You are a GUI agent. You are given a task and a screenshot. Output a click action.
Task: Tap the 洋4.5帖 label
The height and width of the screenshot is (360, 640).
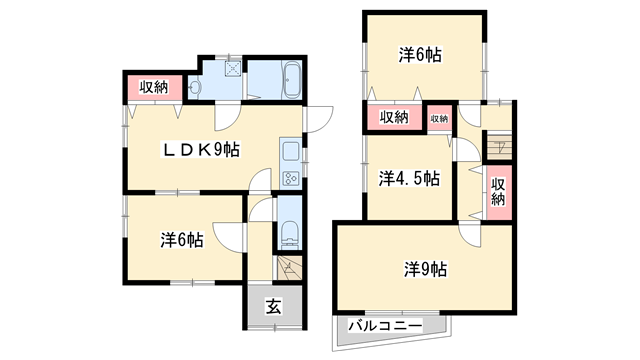pyautogui.click(x=408, y=179)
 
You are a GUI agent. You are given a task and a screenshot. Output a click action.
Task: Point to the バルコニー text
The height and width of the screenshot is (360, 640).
pyautogui.click(x=386, y=326)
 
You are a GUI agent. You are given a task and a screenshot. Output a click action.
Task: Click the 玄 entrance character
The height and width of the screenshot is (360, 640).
pyautogui.click(x=273, y=308)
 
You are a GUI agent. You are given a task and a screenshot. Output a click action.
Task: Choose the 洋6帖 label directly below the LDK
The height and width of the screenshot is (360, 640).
pyautogui.click(x=182, y=240)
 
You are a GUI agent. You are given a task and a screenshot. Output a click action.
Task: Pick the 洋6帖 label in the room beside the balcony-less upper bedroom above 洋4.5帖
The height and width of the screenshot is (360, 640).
pyautogui.click(x=421, y=56)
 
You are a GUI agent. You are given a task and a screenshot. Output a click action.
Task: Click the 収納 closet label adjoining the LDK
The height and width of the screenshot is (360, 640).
pyautogui.click(x=154, y=87)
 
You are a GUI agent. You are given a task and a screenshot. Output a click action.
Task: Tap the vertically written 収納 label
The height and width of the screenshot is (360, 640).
pyautogui.click(x=498, y=191)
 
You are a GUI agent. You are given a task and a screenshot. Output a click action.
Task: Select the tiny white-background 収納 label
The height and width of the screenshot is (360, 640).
pyautogui.click(x=439, y=118)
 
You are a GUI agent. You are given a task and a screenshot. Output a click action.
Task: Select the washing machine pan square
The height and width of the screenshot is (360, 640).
pyautogui.click(x=233, y=71)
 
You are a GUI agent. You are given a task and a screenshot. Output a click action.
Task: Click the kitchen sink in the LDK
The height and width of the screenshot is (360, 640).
pyautogui.click(x=289, y=152)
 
